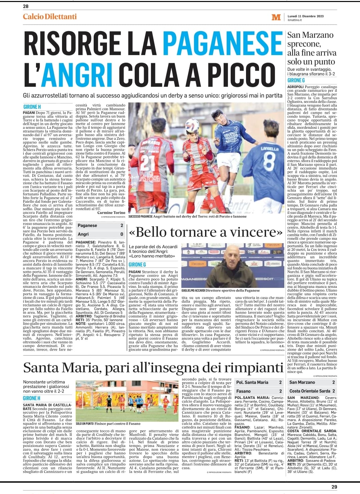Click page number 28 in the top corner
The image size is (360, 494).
click(x=26, y=6)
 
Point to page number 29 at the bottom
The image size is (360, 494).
click(x=334, y=487)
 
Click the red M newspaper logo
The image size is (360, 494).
click(x=276, y=17)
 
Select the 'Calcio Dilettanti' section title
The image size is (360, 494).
click(x=50, y=17)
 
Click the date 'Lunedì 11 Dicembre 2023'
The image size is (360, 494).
click(x=306, y=16)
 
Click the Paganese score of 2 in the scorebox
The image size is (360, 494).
click(x=122, y=225)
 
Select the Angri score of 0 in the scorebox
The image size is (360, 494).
click(x=122, y=234)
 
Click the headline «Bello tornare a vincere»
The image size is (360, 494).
click(x=207, y=231)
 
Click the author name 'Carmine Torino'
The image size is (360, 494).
click(x=111, y=212)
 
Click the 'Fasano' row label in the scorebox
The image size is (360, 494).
click(x=243, y=391)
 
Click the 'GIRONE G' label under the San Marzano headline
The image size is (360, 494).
click(x=296, y=80)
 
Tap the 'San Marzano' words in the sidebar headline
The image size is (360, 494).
click(x=310, y=35)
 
